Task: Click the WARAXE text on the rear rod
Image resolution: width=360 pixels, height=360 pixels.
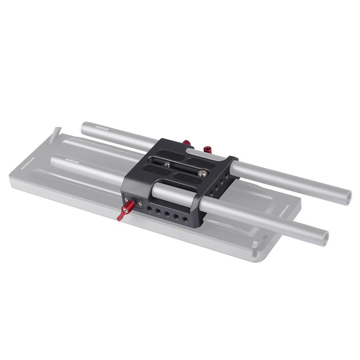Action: (x=102, y=126)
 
